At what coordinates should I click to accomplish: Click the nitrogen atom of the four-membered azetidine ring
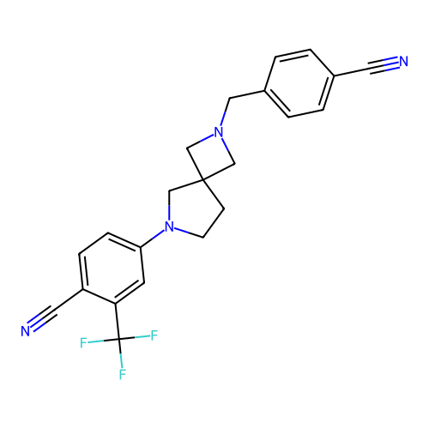[x=219, y=132]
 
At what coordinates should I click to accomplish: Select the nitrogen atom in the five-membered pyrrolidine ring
[x=169, y=227]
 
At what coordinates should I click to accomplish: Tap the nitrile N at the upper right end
[x=403, y=61]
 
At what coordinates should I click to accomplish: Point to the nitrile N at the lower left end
[x=26, y=331]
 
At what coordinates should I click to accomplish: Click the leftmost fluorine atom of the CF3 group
[x=83, y=342]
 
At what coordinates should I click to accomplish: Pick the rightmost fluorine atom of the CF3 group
[x=154, y=335]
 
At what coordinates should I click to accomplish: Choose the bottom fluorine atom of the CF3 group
[x=123, y=374]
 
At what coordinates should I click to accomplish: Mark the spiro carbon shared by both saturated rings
[x=202, y=179]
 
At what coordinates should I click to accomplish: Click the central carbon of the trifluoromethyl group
[x=119, y=339]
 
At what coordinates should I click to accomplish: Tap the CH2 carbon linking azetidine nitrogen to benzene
[x=230, y=99]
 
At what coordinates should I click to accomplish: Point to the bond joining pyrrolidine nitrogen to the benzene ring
[x=153, y=239]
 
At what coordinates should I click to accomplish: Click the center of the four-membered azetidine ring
[x=210, y=156]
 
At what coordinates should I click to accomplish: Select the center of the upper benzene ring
[x=299, y=83]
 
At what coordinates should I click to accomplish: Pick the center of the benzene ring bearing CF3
[x=112, y=269]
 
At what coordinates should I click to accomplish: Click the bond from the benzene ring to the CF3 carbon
[x=118, y=321]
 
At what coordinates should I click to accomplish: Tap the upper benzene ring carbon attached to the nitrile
[x=334, y=76]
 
